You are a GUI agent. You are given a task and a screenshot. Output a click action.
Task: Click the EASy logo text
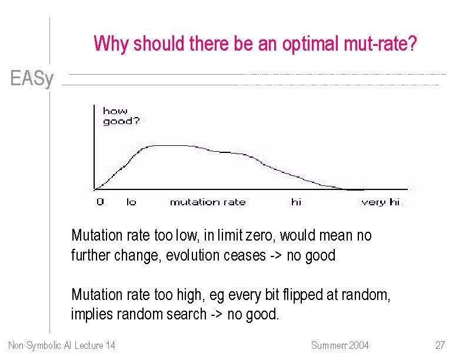(x=32, y=79)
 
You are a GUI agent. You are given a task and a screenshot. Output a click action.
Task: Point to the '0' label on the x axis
(x=100, y=202)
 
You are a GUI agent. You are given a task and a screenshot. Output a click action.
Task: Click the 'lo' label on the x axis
(x=131, y=202)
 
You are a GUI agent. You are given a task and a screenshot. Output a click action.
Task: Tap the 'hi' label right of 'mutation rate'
(x=296, y=202)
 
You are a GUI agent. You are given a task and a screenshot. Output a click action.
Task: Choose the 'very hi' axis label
(x=380, y=202)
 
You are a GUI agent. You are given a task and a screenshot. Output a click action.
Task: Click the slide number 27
(x=440, y=345)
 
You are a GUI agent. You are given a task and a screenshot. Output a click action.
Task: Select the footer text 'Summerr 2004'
(x=339, y=345)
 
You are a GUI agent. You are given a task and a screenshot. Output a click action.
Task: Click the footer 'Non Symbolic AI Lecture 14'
(x=62, y=345)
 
